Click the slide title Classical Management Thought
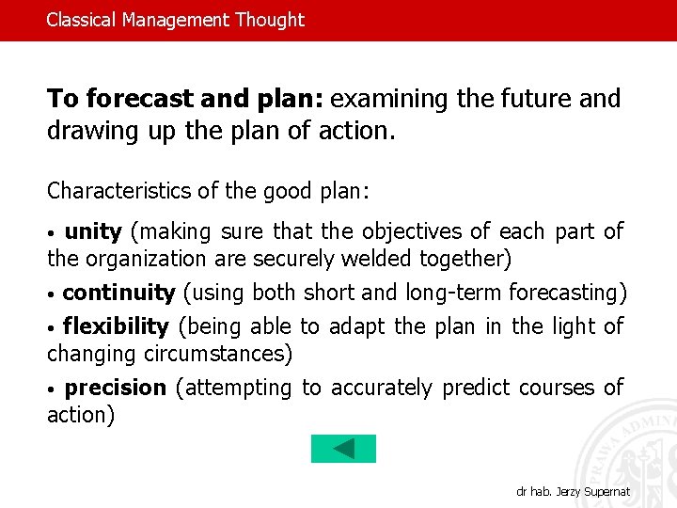[176, 20]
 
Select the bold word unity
[93, 231]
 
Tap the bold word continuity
[118, 293]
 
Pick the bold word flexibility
[116, 326]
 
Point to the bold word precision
[116, 388]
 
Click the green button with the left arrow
[343, 449]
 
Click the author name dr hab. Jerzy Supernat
[574, 492]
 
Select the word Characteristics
[119, 191]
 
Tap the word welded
[378, 259]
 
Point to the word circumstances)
[218, 354]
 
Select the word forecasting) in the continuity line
[568, 293]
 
